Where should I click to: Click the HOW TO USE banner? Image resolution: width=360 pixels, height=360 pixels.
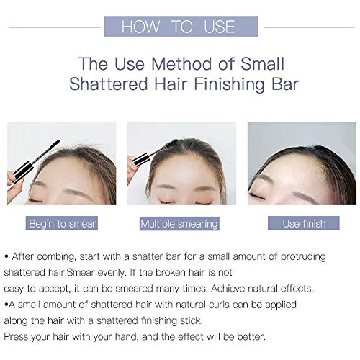pos(181,27)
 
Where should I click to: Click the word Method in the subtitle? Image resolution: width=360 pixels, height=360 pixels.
pos(182,64)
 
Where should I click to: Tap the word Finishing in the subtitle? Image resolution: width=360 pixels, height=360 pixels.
pos(229,85)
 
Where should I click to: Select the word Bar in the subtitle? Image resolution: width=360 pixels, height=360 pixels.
pos(285,84)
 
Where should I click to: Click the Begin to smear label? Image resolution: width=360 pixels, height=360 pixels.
pos(62,223)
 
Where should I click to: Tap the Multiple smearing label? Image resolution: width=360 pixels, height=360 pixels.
pos(179,224)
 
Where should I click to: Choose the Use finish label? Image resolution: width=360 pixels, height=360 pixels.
pos(304,223)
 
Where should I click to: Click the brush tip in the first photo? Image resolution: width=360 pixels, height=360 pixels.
pos(53,145)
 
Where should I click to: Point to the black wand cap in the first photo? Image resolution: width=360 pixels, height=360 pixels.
pos(23,171)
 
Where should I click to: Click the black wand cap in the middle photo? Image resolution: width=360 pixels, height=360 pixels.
pos(141,159)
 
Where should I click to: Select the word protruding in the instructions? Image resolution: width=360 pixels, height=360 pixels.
pos(303,257)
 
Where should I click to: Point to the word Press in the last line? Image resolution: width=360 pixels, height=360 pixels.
pos(16,336)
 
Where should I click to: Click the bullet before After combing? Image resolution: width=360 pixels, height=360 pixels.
pos(6,256)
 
